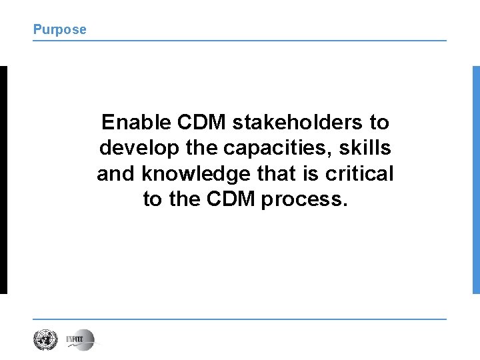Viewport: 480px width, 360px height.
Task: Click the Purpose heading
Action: pyautogui.click(x=60, y=29)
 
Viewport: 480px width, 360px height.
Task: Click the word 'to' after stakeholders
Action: pyautogui.click(x=379, y=123)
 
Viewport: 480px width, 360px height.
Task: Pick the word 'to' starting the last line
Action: pyautogui.click(x=153, y=199)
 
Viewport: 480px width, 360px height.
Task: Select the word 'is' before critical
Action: pyautogui.click(x=315, y=174)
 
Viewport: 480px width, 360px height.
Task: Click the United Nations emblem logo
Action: pyautogui.click(x=45, y=340)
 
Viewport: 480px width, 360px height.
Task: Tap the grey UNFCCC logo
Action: pyautogui.click(x=80, y=340)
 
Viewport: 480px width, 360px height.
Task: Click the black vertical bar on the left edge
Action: pyautogui.click(x=3, y=179)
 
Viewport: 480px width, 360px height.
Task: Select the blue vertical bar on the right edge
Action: pyautogui.click(x=476, y=179)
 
